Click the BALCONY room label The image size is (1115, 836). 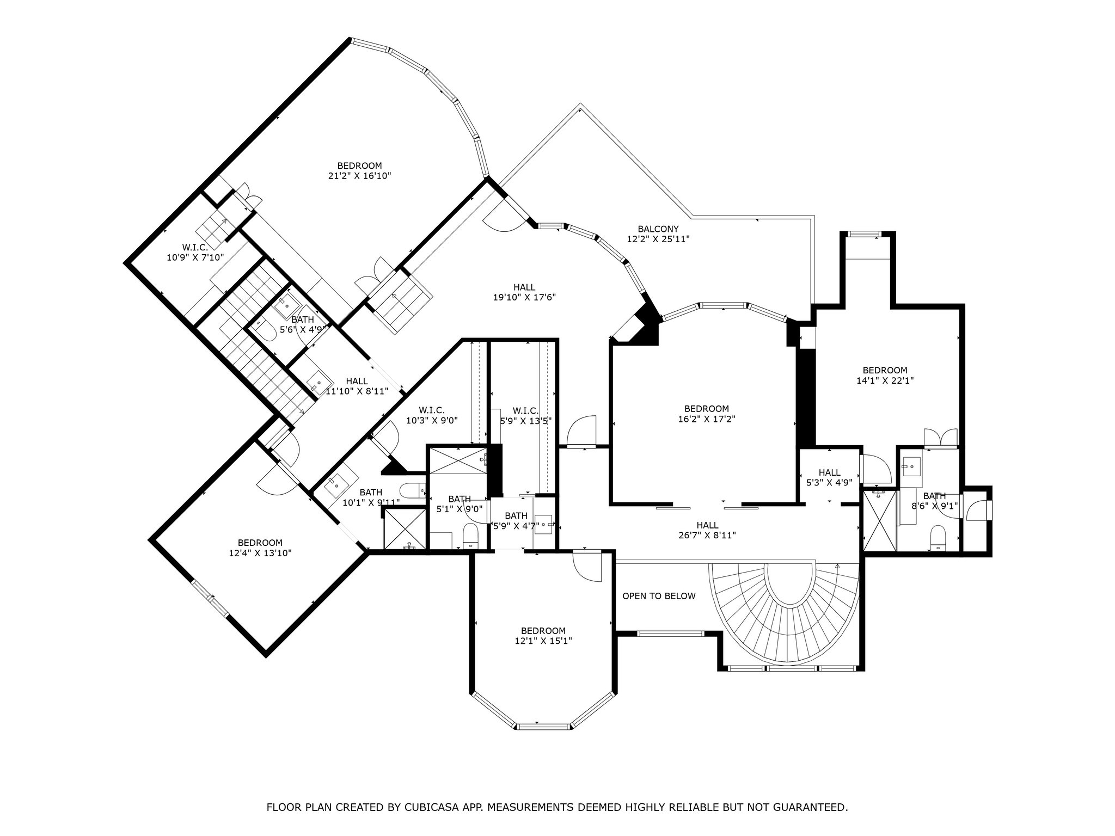pyautogui.click(x=658, y=229)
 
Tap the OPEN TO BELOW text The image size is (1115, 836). pyautogui.click(x=659, y=596)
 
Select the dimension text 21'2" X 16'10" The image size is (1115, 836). pyautogui.click(x=359, y=176)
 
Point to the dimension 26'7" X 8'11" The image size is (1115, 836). pyautogui.click(x=707, y=535)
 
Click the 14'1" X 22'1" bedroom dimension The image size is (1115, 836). pyautogui.click(x=885, y=381)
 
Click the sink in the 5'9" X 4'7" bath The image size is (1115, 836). pyautogui.click(x=543, y=525)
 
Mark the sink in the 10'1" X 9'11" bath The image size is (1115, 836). pyautogui.click(x=334, y=484)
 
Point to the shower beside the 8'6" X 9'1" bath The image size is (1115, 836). pyautogui.click(x=880, y=520)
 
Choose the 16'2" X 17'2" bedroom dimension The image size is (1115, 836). pyautogui.click(x=706, y=419)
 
